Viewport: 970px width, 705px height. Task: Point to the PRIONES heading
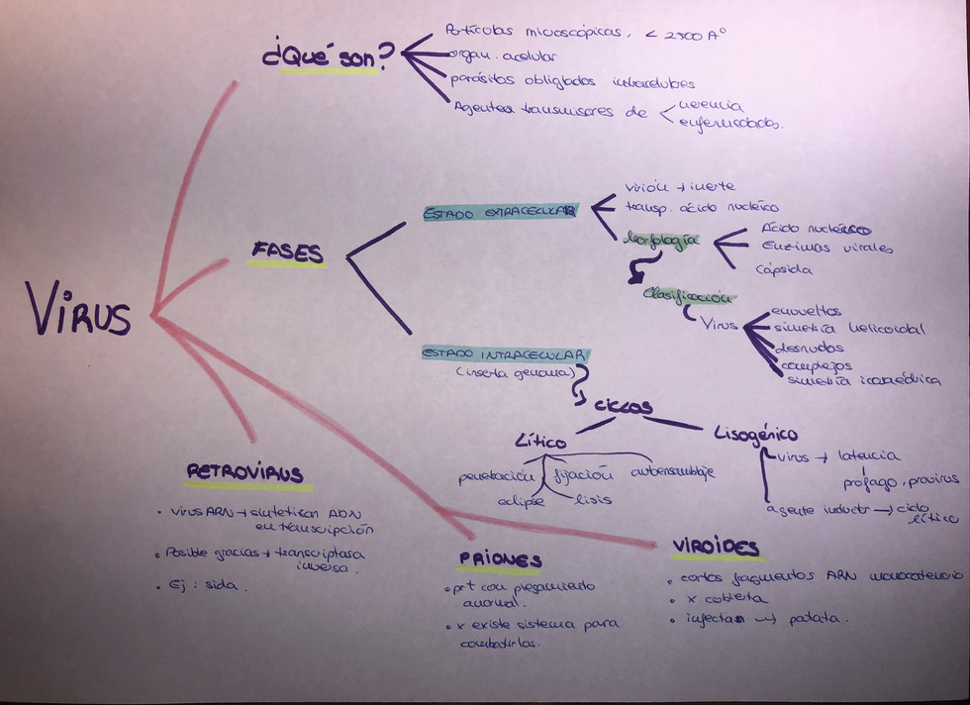click(x=500, y=559)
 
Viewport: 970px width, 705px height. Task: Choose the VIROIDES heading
click(x=716, y=547)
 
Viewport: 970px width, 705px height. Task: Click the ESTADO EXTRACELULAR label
click(x=500, y=212)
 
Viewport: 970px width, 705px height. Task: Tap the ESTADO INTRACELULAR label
click(x=505, y=353)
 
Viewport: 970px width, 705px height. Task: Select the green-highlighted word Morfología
click(x=661, y=242)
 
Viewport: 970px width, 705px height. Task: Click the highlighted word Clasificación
click(x=687, y=295)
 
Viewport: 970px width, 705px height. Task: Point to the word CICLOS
click(x=625, y=406)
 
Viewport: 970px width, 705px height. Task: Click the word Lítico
click(x=540, y=438)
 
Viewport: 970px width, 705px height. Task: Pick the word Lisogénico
click(x=755, y=434)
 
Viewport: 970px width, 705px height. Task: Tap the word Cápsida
click(x=784, y=269)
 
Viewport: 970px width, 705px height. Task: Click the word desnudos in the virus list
click(x=810, y=348)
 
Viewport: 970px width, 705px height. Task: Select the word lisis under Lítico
click(x=593, y=499)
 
